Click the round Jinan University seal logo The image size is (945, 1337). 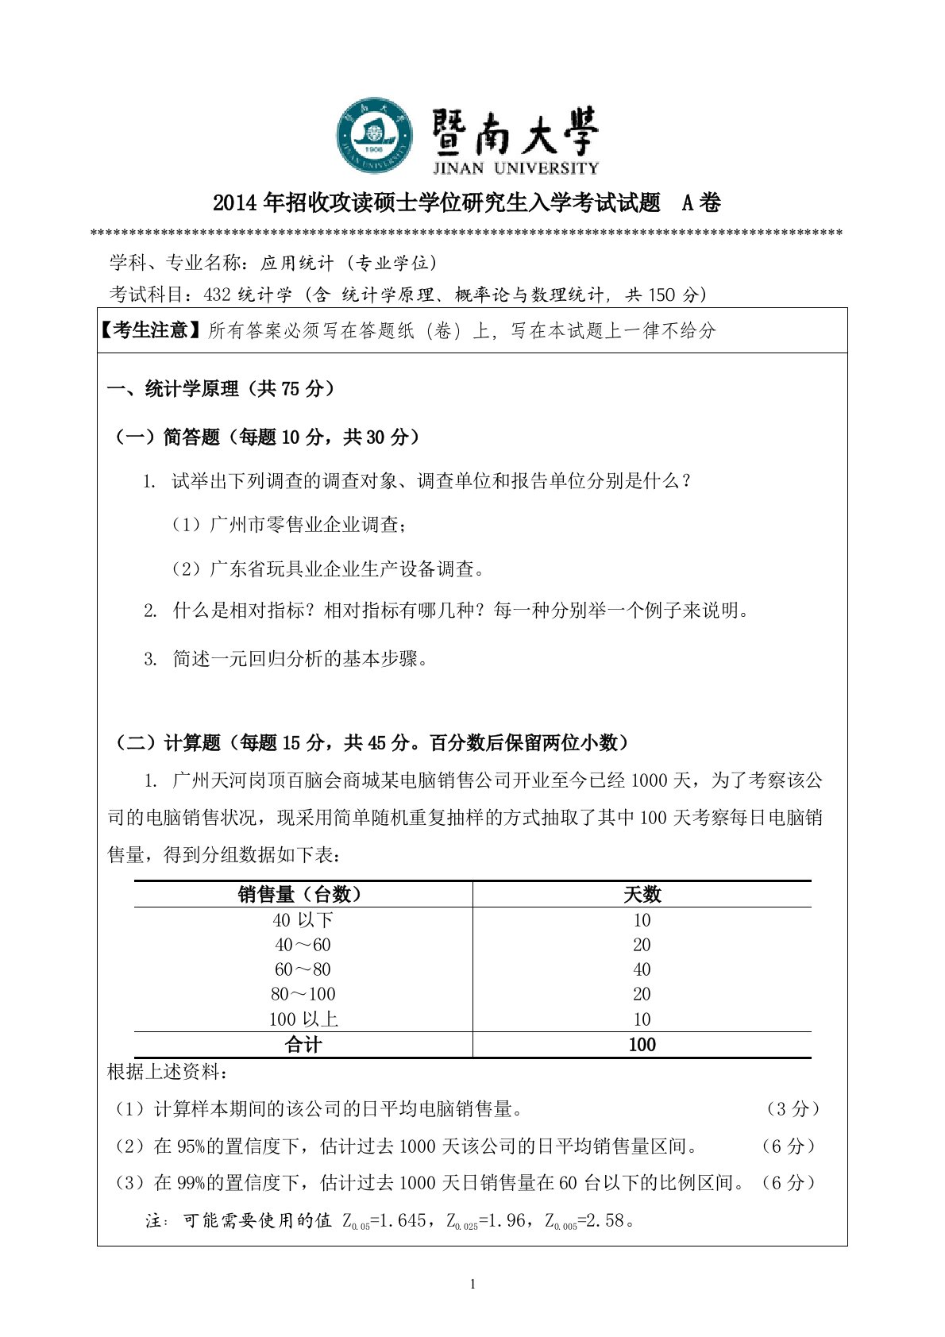[x=374, y=137]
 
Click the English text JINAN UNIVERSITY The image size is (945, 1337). [x=515, y=168]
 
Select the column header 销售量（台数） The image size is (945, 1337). [x=303, y=895]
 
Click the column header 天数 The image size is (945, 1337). [x=642, y=895]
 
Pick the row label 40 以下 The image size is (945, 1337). [x=303, y=920]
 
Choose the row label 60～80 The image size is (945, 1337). [x=303, y=969]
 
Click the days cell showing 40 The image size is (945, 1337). [x=642, y=969]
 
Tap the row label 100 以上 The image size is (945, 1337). [x=303, y=1019]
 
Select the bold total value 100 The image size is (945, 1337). [x=642, y=1045]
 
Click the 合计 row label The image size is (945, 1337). [x=303, y=1045]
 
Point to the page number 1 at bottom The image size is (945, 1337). [x=473, y=1285]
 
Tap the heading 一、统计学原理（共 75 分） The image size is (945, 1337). [x=222, y=389]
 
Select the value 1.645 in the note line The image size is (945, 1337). [x=402, y=1221]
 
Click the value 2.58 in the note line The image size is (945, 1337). [x=603, y=1221]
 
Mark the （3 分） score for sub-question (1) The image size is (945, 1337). [x=791, y=1109]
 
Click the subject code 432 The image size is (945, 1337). [x=218, y=295]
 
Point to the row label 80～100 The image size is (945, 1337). [x=303, y=994]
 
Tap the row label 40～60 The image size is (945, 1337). [x=303, y=945]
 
